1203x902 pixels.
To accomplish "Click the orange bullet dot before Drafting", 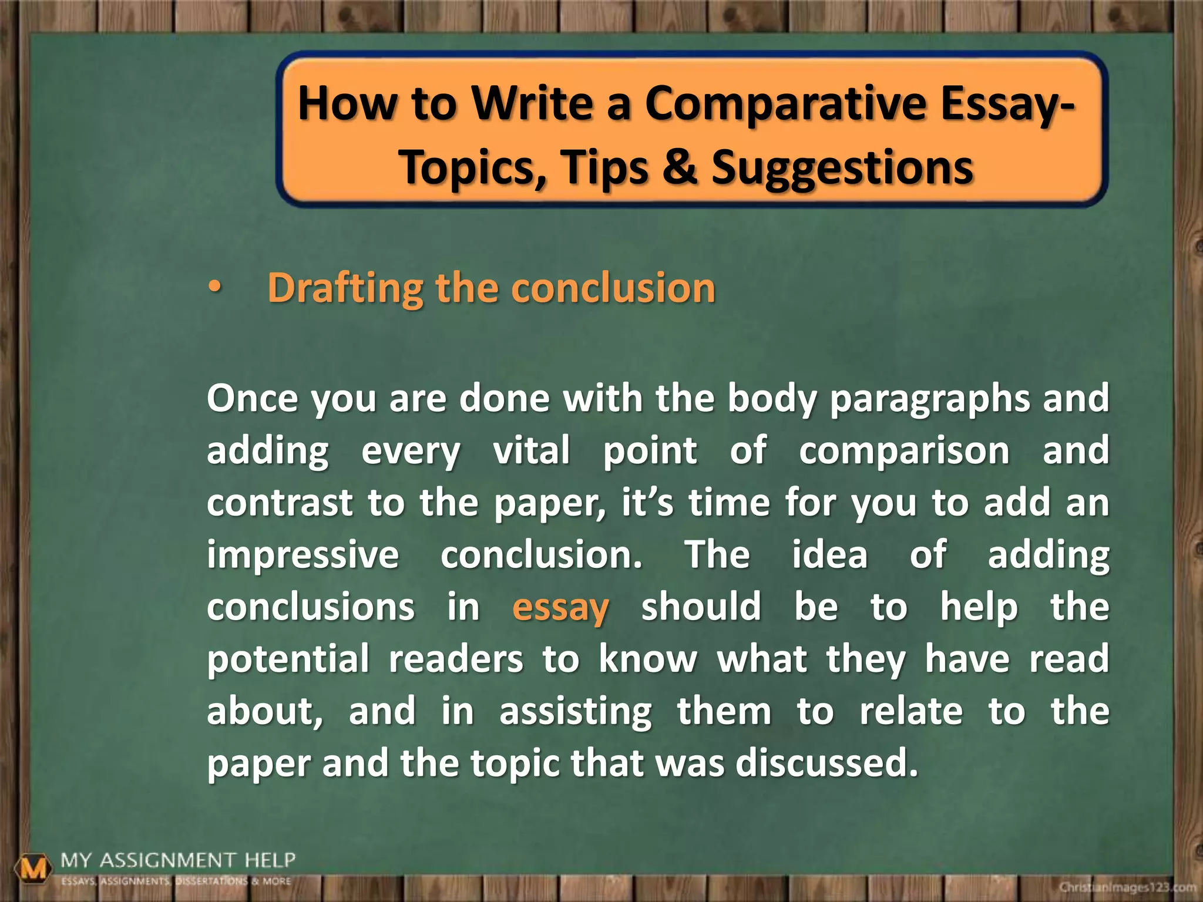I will [x=215, y=288].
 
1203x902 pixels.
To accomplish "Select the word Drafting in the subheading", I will [x=345, y=288].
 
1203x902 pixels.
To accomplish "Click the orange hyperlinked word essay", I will [x=560, y=607].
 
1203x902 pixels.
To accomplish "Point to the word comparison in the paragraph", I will [x=904, y=451].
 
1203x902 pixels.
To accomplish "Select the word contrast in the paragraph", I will [x=280, y=503].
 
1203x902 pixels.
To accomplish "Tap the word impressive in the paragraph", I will [x=303, y=555].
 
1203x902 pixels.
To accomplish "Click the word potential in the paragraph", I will [x=288, y=659].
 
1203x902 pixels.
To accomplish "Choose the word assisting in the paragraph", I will [x=576, y=712].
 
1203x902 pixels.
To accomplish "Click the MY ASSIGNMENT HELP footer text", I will [x=178, y=861].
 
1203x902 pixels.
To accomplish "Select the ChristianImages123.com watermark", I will [x=1127, y=887].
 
